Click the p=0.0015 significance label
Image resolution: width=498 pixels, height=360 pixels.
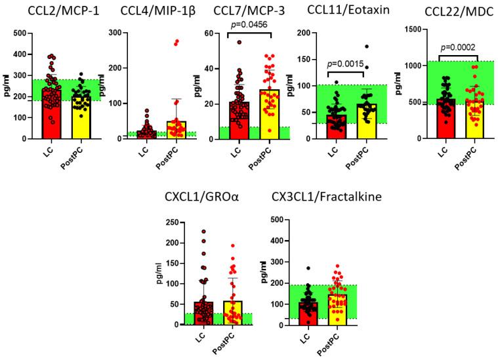345,64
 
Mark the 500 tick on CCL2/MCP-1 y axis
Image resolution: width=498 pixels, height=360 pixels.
20,33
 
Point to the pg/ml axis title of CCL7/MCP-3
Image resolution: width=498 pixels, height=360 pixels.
190,85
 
